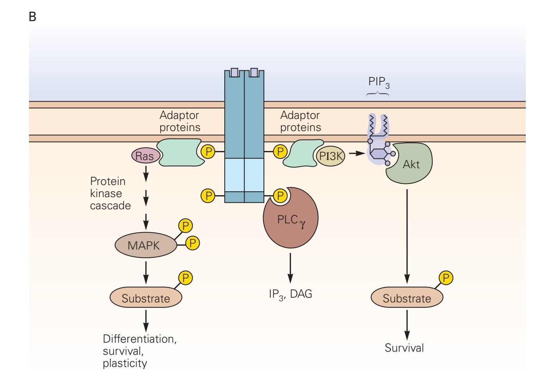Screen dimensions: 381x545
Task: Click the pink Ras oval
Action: tap(145, 156)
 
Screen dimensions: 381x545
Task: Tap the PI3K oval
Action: tap(331, 156)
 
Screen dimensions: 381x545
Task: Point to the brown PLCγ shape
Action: tap(291, 221)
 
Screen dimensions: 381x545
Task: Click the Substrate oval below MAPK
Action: tap(146, 298)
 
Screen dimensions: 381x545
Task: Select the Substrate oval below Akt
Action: tap(406, 298)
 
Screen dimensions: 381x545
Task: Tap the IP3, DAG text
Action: tap(290, 294)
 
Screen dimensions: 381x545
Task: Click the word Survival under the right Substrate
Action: tap(404, 348)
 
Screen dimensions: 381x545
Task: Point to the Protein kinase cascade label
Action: tap(110, 193)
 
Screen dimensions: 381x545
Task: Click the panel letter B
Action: tap(32, 17)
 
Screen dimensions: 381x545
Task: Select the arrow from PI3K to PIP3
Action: tap(357, 153)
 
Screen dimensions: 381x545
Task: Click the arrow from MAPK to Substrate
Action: tap(146, 272)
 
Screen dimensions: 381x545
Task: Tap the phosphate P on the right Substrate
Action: tap(446, 278)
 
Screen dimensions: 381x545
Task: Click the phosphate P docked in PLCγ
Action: tap(280, 196)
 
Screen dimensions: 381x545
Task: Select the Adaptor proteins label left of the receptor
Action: tap(180, 121)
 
